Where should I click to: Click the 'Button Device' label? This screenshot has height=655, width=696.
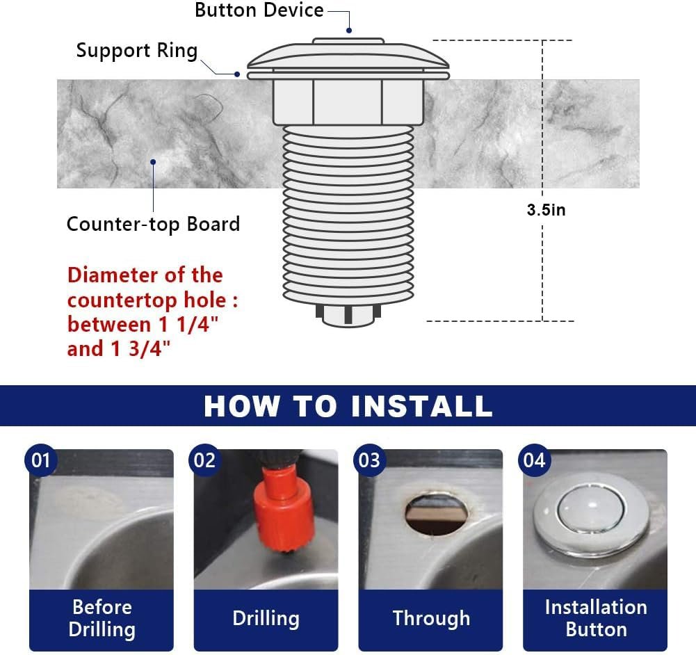(x=259, y=10)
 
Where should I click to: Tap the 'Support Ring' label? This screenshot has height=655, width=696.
(x=137, y=51)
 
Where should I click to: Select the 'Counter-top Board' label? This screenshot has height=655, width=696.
(x=153, y=224)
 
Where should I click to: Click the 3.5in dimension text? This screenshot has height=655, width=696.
(x=546, y=209)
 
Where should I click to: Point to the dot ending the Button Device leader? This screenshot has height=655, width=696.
(x=349, y=30)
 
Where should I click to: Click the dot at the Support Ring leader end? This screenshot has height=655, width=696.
(x=238, y=74)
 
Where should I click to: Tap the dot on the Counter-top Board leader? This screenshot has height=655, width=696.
(x=153, y=162)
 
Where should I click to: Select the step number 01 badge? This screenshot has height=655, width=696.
(x=41, y=460)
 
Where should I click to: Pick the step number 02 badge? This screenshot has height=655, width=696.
(x=204, y=460)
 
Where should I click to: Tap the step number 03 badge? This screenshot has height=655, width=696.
(x=369, y=460)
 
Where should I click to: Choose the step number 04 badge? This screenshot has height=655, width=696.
(x=535, y=460)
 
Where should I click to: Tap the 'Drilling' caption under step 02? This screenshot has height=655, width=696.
(x=266, y=618)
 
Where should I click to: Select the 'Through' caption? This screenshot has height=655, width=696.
(x=431, y=618)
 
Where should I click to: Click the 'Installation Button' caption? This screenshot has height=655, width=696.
(x=596, y=618)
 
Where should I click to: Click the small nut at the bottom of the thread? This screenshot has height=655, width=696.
(x=348, y=316)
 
